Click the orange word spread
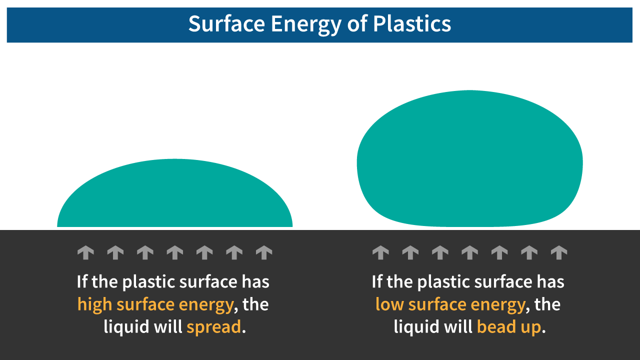(x=214, y=326)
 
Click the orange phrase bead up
(x=509, y=326)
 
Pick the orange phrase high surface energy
(x=155, y=304)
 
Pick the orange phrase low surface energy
(x=450, y=304)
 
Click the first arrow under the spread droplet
(x=85, y=252)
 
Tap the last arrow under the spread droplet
(x=263, y=252)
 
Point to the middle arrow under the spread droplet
(x=174, y=252)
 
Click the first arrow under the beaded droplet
(x=380, y=252)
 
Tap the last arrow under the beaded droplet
(x=558, y=252)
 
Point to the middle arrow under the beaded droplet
(x=469, y=252)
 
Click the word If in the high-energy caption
(x=82, y=282)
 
